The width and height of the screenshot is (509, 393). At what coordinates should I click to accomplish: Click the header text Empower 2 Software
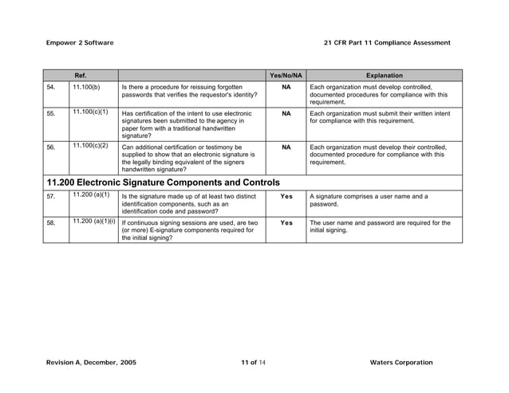tap(80, 42)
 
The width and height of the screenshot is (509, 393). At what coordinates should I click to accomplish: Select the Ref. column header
tap(81, 75)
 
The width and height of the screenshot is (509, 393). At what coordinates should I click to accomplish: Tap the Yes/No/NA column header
tap(286, 75)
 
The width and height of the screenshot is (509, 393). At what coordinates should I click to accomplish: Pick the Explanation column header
tap(384, 75)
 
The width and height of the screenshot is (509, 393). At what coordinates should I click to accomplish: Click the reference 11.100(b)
tap(86, 86)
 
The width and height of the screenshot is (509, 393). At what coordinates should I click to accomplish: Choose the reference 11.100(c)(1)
tap(90, 112)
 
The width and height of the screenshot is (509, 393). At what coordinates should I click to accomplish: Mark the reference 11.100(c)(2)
tap(90, 146)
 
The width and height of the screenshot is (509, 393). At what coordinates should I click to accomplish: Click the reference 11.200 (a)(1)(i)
tap(93, 222)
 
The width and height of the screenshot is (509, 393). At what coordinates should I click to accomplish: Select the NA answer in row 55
tap(286, 114)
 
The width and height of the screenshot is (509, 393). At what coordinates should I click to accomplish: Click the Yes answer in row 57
tap(286, 196)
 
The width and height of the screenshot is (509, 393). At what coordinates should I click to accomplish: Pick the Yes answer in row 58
tap(286, 223)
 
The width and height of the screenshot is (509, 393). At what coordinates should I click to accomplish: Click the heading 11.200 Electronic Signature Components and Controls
tap(163, 183)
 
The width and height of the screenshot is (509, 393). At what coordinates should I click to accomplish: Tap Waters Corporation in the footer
tap(401, 363)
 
